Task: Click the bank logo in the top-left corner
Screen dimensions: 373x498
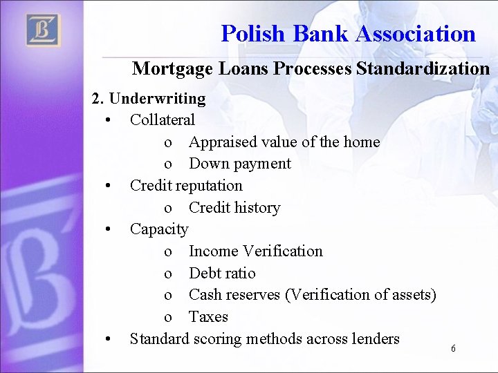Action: pos(43,30)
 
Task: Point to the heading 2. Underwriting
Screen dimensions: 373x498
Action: pos(149,98)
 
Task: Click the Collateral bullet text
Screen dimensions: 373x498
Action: pos(163,119)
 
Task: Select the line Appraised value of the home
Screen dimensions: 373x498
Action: pos(284,142)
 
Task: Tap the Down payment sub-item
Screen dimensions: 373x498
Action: pos(240,164)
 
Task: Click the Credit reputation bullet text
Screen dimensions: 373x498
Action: pos(186,185)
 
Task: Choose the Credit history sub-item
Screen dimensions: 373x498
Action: pos(234,207)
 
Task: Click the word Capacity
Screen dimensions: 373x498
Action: pos(159,229)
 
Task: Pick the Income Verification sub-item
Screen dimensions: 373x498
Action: pos(255,251)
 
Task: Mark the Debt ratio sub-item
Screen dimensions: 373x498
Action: pos(222,273)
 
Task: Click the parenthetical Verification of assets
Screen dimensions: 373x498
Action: pos(360,294)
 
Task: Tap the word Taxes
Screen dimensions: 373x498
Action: pos(208,316)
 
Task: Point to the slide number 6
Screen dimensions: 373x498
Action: pos(453,349)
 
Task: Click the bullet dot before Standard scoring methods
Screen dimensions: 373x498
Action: pos(109,338)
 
